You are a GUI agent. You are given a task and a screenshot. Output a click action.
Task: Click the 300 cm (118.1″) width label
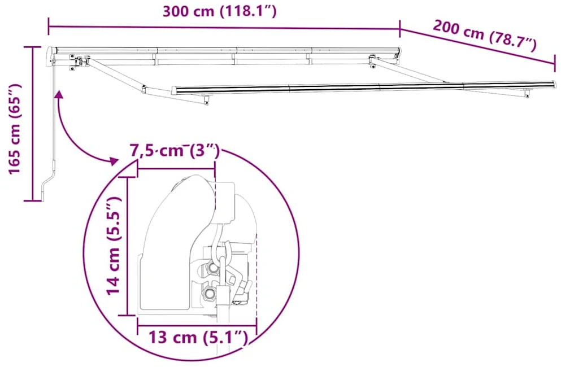[x=219, y=11]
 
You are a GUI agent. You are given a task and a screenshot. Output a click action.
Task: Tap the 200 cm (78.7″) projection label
[x=485, y=36]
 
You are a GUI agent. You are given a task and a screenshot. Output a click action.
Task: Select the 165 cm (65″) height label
[x=15, y=129]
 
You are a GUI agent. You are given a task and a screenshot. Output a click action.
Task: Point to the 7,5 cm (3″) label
[x=174, y=151]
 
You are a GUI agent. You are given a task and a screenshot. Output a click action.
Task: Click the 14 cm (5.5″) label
[x=114, y=246]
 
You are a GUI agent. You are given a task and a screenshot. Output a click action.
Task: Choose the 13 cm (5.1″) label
[x=198, y=337]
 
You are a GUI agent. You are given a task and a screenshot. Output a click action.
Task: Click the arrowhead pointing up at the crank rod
[x=59, y=94]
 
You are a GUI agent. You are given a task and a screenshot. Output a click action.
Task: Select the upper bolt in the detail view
[x=212, y=267]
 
